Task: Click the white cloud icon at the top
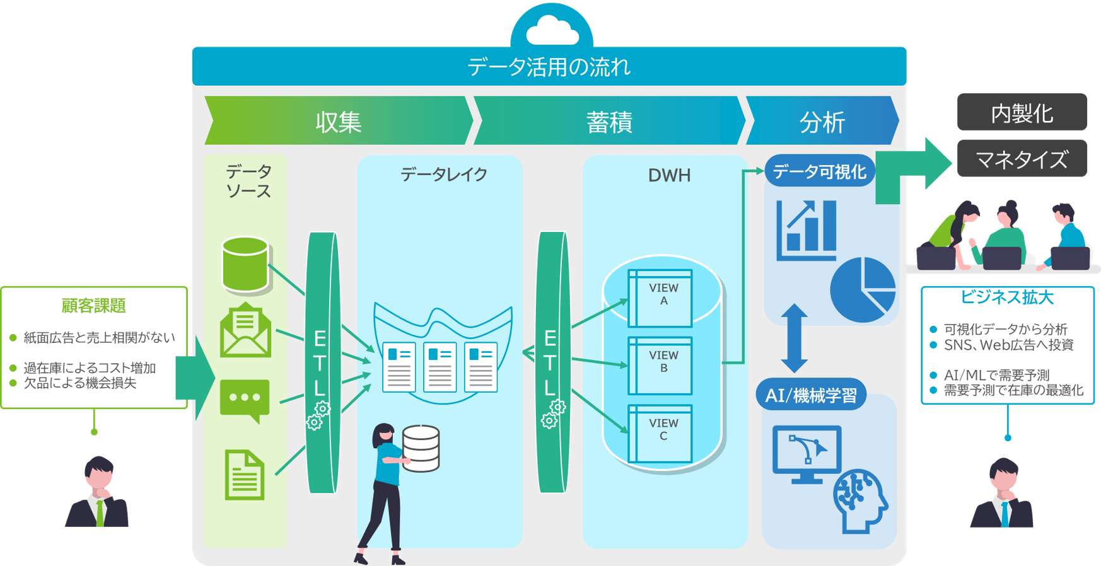[x=552, y=31]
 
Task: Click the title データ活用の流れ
[x=549, y=67]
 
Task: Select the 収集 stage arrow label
[x=339, y=122]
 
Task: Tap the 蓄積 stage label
[x=609, y=122]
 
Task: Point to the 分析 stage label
[x=822, y=122]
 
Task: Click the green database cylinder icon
[x=246, y=265]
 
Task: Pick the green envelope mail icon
[x=245, y=331]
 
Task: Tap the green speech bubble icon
[x=245, y=400]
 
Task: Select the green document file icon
[x=245, y=475]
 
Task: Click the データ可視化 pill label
[x=819, y=171]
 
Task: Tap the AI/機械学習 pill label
[x=811, y=395]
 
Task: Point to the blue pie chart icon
[x=863, y=289]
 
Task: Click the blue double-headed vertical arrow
[x=794, y=338]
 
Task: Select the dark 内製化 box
[x=1022, y=113]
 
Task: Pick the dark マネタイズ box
[x=1022, y=159]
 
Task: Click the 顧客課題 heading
[x=94, y=306]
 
